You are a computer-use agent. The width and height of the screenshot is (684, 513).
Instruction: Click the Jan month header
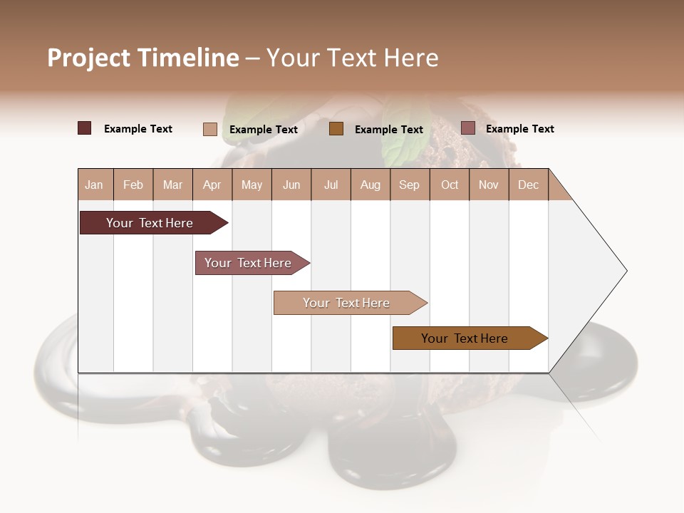(x=94, y=185)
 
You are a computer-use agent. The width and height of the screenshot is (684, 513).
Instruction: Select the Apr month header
(x=212, y=185)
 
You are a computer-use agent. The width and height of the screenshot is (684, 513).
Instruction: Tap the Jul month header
(x=331, y=185)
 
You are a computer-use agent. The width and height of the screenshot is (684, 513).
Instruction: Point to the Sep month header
(x=409, y=185)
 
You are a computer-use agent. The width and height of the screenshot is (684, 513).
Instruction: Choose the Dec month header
(x=528, y=185)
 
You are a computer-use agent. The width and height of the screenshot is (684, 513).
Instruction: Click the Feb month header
(x=133, y=185)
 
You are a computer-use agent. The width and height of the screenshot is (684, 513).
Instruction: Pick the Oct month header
(x=450, y=185)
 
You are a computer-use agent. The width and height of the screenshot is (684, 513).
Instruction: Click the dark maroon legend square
(x=85, y=128)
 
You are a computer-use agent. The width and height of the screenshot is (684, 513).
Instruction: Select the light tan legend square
(x=210, y=129)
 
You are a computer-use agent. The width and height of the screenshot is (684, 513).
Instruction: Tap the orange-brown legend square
(x=336, y=129)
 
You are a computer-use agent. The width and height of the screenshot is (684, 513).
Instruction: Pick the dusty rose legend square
(x=468, y=128)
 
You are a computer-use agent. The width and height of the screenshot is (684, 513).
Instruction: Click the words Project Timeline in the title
(x=142, y=58)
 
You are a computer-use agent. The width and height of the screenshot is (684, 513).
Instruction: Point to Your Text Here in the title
(x=352, y=58)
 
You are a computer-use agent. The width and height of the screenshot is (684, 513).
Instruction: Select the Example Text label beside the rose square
(x=519, y=129)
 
